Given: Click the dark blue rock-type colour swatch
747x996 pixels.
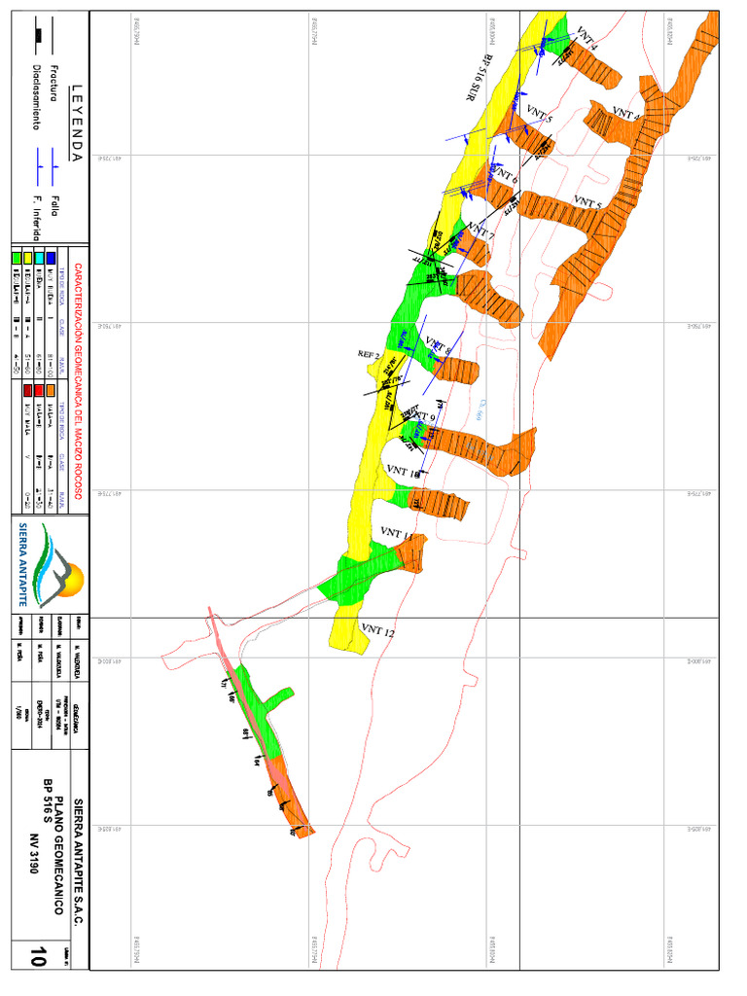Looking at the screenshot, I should [53, 258].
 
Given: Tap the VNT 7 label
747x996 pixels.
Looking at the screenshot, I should [480, 232].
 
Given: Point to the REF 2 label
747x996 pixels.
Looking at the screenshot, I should [369, 354].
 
